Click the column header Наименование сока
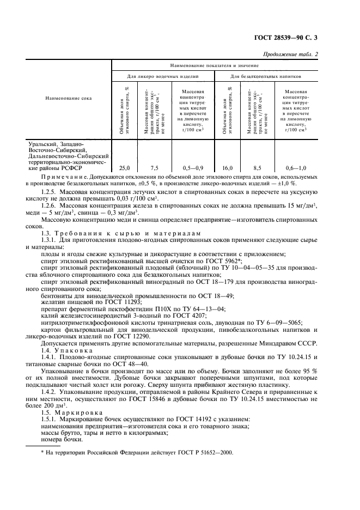tap(69, 98)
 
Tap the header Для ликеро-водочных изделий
tap(163, 77)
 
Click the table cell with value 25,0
tap(125, 168)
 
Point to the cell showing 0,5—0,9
tap(191, 168)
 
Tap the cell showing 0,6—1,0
tap(295, 168)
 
